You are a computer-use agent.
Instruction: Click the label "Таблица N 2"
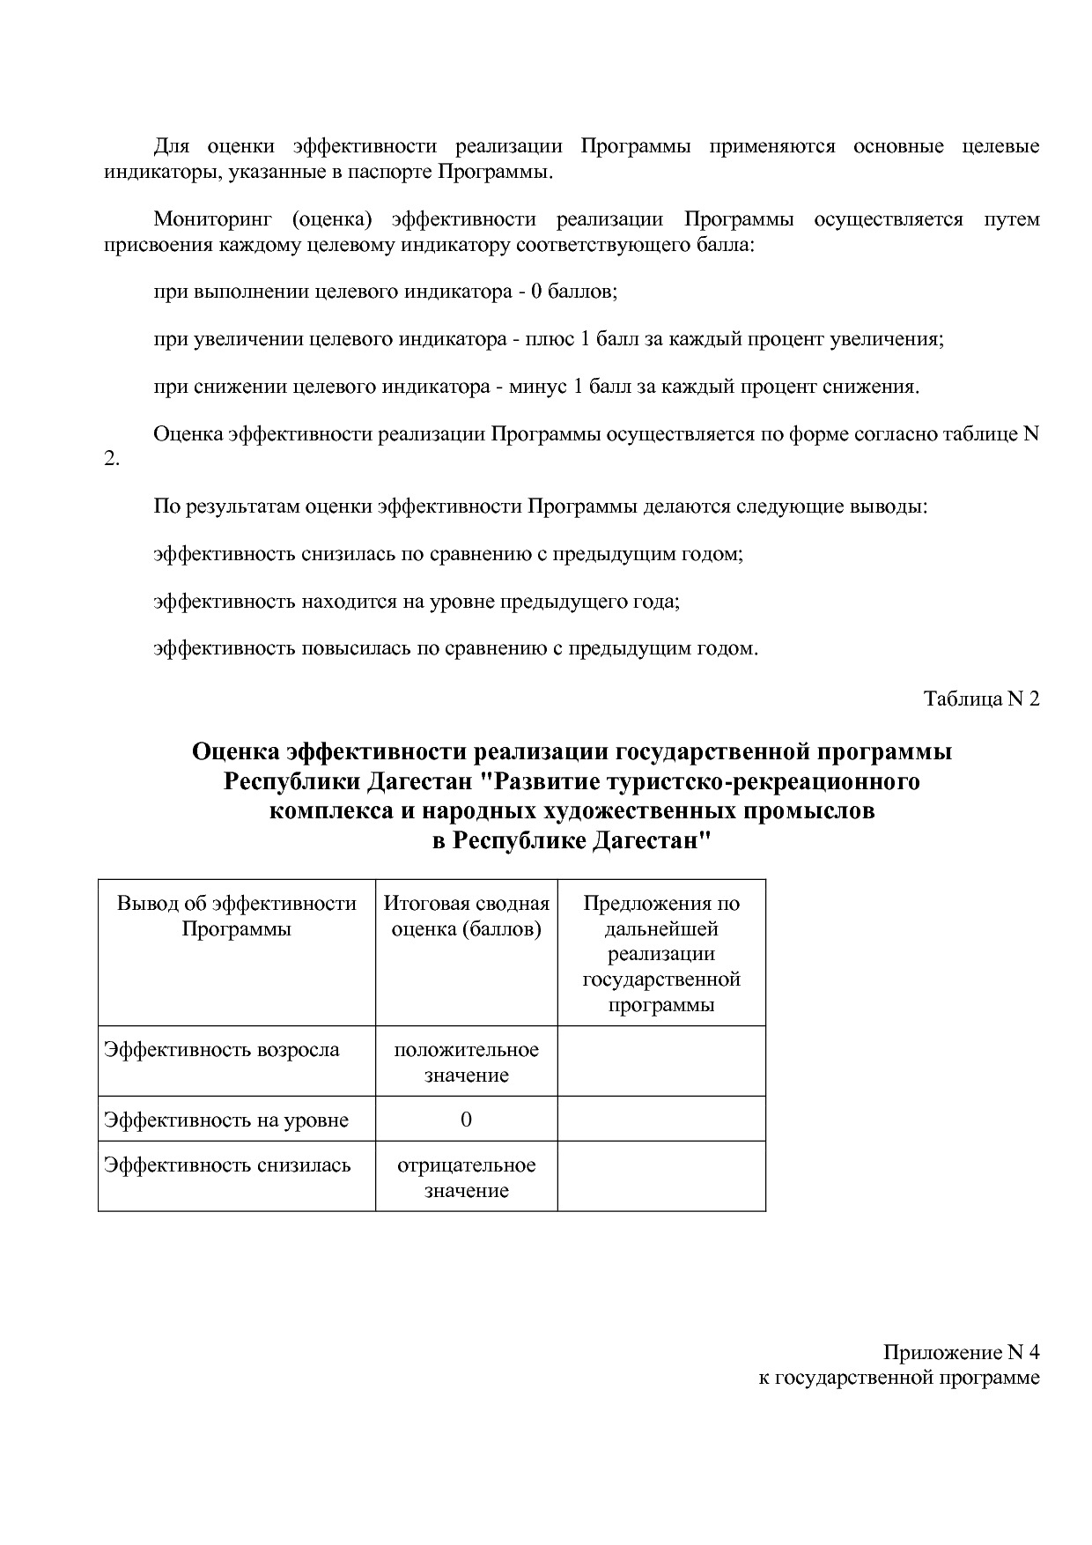coord(981,699)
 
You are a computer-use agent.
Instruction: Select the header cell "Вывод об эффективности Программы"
coord(236,916)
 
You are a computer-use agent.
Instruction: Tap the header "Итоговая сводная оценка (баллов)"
coord(466,916)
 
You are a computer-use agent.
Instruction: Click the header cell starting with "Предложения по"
coord(661,954)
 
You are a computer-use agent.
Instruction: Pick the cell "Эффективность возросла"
coord(222,1050)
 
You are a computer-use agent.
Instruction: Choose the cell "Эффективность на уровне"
coord(226,1120)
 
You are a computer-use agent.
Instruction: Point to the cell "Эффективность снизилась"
coord(227,1165)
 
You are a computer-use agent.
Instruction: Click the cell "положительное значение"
coord(466,1062)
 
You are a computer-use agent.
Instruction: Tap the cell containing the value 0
coord(466,1120)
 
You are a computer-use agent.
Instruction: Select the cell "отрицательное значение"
coord(466,1178)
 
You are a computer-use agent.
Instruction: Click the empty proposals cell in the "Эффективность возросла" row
coord(661,1061)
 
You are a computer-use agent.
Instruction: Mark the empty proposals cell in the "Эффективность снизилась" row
coord(661,1177)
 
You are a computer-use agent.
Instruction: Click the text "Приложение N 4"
coord(962,1352)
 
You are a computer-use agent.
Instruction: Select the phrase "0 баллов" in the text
coord(572,292)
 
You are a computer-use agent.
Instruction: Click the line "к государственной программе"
coord(899,1378)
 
